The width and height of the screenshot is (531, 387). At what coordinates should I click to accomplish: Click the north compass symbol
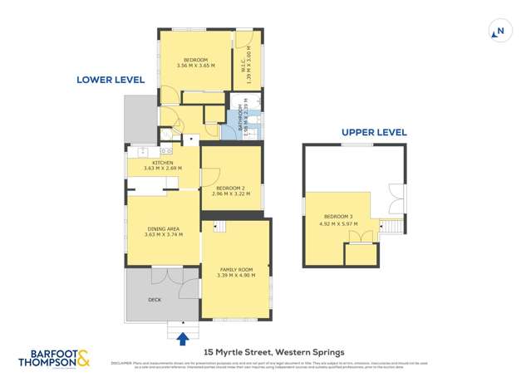point(499,32)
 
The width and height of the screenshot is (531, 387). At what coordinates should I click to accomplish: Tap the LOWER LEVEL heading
point(111,80)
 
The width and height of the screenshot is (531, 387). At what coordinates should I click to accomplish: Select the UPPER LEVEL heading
point(374,132)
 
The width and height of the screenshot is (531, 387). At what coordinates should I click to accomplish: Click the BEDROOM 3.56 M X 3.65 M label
point(196,62)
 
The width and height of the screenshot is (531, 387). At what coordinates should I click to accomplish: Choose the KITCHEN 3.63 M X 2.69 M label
point(162,165)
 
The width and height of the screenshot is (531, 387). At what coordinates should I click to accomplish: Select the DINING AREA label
point(162,231)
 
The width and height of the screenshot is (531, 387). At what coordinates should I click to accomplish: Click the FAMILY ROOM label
point(236,273)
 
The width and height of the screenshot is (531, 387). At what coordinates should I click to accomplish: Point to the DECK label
point(155,299)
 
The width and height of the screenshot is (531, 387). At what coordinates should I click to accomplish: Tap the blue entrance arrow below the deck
point(183,336)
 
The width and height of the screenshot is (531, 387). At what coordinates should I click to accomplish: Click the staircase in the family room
point(220,227)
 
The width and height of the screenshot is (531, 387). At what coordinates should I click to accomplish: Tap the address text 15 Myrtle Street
point(268,351)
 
